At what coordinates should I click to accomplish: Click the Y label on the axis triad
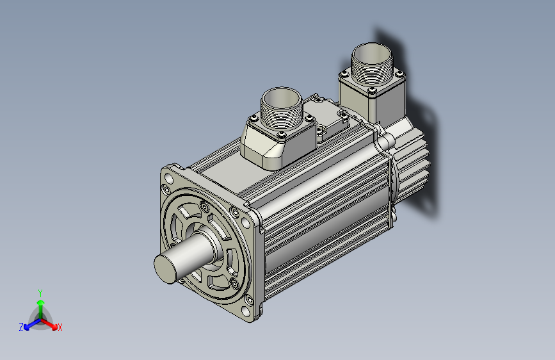[40, 293]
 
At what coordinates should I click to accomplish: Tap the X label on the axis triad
[60, 327]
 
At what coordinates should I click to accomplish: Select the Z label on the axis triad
[21, 327]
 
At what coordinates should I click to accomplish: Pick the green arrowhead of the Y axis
[41, 303]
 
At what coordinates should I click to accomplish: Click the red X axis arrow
[49, 323]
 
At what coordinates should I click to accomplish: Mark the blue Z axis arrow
[32, 324]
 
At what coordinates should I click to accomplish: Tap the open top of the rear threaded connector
[372, 54]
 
